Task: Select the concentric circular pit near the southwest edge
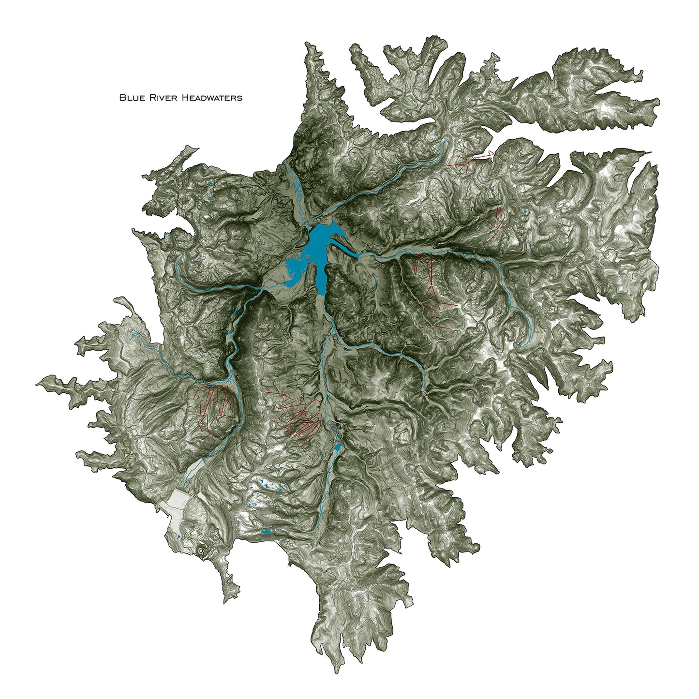(200, 549)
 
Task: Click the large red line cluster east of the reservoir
(433, 290)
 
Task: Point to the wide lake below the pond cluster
(266, 532)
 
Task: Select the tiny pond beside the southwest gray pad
(179, 537)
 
